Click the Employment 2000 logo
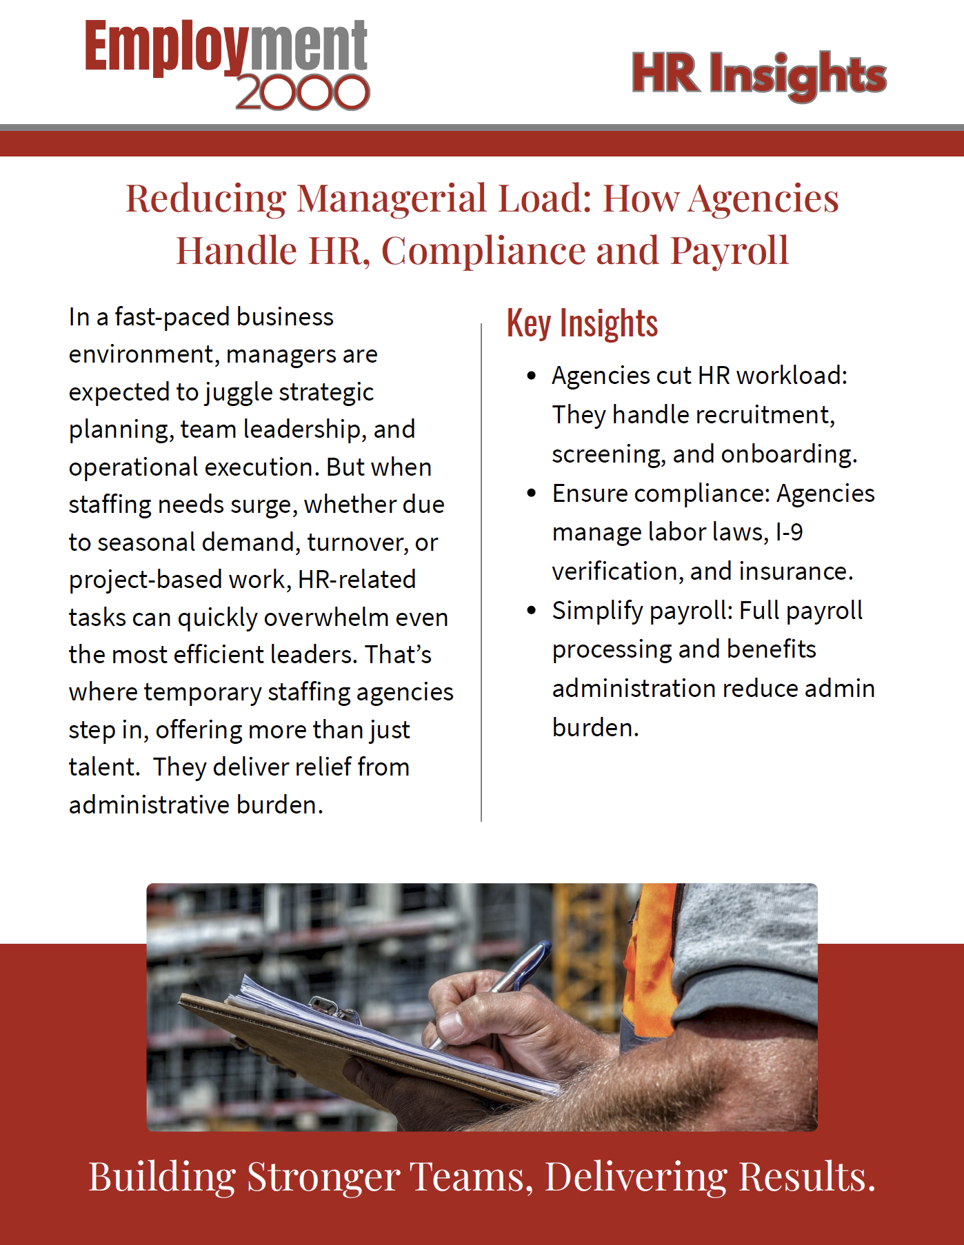[x=227, y=64]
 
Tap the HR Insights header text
[x=759, y=74]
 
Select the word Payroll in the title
[x=729, y=250]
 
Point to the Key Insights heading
[x=582, y=324]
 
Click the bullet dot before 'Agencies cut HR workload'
[x=531, y=376]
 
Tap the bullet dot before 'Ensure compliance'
[x=531, y=494]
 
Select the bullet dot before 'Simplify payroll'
[x=531, y=611]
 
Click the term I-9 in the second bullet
[x=789, y=532]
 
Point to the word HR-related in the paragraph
[x=357, y=580]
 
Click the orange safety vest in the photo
[x=652, y=958]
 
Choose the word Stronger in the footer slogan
[x=323, y=1177]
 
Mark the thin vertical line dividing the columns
[x=481, y=572]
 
